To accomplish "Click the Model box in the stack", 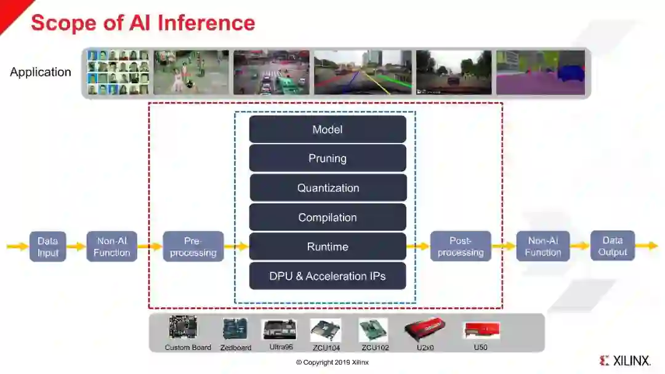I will coord(328,129).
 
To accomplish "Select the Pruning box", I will coord(328,158).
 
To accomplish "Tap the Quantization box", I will coord(328,188).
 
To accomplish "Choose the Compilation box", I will coord(328,217).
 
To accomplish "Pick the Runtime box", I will coord(328,246).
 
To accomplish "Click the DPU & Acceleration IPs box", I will coord(328,276).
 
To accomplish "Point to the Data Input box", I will coord(47,246).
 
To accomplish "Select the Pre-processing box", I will coord(193,246).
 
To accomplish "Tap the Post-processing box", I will coord(461,246).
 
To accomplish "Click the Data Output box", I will coord(612,246).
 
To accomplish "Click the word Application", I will coord(41,72).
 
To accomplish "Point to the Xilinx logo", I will coord(624,360).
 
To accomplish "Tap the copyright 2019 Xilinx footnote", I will coord(332,362).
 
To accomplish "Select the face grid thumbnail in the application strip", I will coord(118,72).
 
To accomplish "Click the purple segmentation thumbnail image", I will coord(540,72).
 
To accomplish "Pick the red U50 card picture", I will coord(481,330).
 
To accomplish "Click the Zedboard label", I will coord(236,348).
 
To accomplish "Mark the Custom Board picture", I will coord(183,327).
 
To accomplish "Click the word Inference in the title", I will coord(206,23).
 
